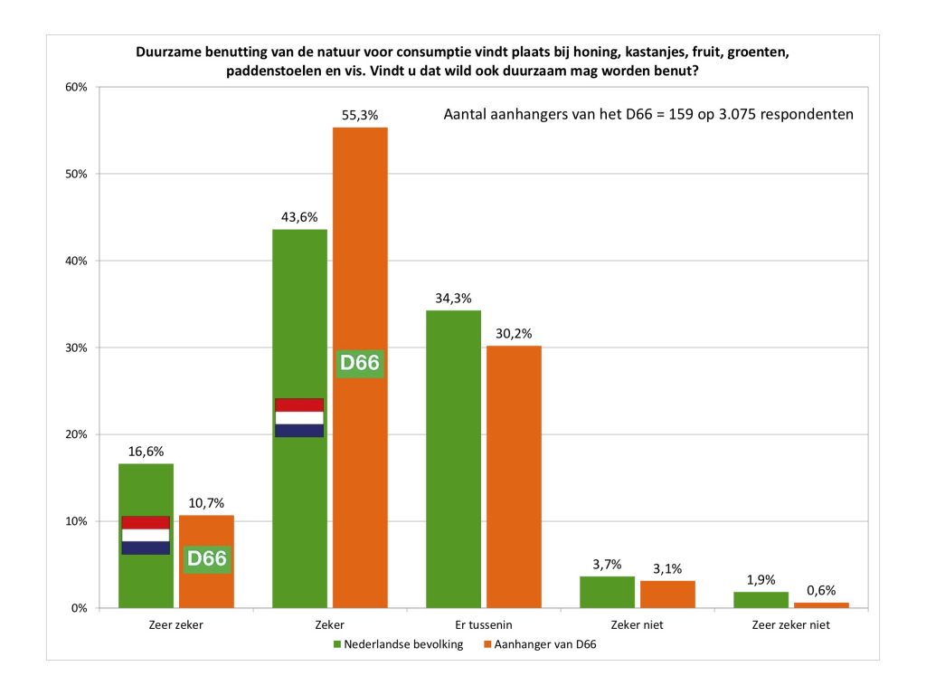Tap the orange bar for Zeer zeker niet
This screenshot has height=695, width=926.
821,605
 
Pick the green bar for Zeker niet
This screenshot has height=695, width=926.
607,592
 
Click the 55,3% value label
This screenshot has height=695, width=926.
360,116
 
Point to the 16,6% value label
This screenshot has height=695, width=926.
146,451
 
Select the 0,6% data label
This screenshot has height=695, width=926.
821,590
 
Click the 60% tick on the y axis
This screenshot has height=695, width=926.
74,87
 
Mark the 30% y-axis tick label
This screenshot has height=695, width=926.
74,347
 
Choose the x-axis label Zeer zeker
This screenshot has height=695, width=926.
175,625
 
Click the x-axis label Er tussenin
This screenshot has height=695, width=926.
483,625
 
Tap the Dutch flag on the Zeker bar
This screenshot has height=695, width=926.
299,417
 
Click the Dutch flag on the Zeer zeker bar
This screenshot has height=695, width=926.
146,535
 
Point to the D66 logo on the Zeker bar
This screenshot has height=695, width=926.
360,364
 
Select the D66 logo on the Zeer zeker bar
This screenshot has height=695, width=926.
206,558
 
